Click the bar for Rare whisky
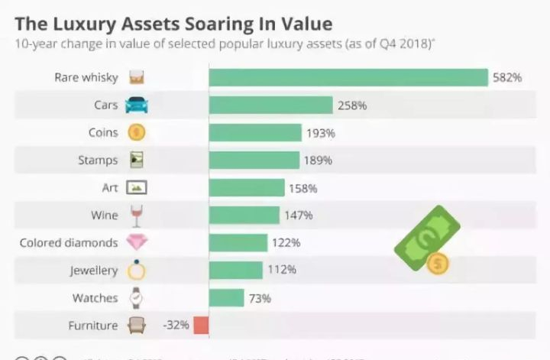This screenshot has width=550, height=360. [348, 77]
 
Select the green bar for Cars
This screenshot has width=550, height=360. [270, 105]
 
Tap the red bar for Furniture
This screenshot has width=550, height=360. [201, 325]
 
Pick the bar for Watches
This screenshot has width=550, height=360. [226, 297]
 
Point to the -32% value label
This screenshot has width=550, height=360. [176, 325]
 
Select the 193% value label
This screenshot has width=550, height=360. [322, 132]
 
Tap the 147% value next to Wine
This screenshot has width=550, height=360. [299, 215]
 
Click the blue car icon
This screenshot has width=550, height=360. [136, 105]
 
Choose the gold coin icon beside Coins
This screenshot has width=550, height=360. [136, 132]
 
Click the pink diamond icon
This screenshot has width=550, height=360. [136, 243]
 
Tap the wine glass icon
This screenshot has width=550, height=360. [136, 215]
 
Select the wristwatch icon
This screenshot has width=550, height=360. [136, 297]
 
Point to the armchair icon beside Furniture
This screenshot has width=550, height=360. [136, 325]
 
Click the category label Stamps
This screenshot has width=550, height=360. [98, 161]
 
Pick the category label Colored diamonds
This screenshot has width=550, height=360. [69, 243]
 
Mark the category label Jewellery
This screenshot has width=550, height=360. [94, 271]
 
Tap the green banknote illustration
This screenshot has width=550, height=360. [426, 239]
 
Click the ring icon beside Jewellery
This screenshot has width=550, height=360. [136, 270]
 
